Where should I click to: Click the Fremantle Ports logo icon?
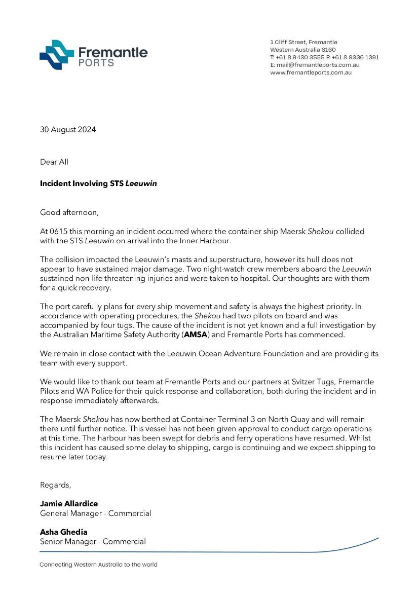pyautogui.click(x=57, y=55)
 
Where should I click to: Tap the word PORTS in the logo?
pyautogui.click(x=96, y=63)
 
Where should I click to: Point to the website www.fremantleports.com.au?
pyautogui.click(x=311, y=72)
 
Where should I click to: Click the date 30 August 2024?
pyautogui.click(x=68, y=129)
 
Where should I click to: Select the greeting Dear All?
pyautogui.click(x=54, y=162)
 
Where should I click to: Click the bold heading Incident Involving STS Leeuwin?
pyautogui.click(x=98, y=183)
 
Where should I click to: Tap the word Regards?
pyautogui.click(x=56, y=485)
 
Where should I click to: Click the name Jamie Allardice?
pyautogui.click(x=69, y=503)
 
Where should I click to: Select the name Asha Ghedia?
pyautogui.click(x=64, y=532)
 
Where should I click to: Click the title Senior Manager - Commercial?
pyautogui.click(x=93, y=541)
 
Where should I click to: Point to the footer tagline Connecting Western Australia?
pyautogui.click(x=99, y=565)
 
